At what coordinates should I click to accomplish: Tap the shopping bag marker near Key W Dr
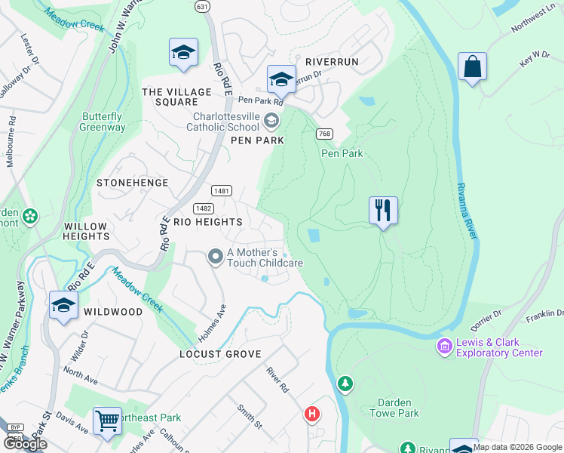point(472,67)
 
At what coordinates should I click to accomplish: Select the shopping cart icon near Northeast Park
point(107,421)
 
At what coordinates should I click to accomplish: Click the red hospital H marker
point(311,414)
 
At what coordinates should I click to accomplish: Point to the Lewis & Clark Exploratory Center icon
point(444,346)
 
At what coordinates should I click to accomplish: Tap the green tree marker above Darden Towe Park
point(345,384)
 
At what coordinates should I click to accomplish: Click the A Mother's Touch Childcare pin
point(215,257)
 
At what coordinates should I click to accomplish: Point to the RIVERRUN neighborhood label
point(332,61)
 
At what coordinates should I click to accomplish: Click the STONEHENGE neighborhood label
point(125,183)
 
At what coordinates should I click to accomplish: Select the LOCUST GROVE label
point(220,353)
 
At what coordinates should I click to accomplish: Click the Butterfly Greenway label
point(103,122)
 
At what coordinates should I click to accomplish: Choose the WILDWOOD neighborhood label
point(113,312)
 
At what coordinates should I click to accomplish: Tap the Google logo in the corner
point(26,444)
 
